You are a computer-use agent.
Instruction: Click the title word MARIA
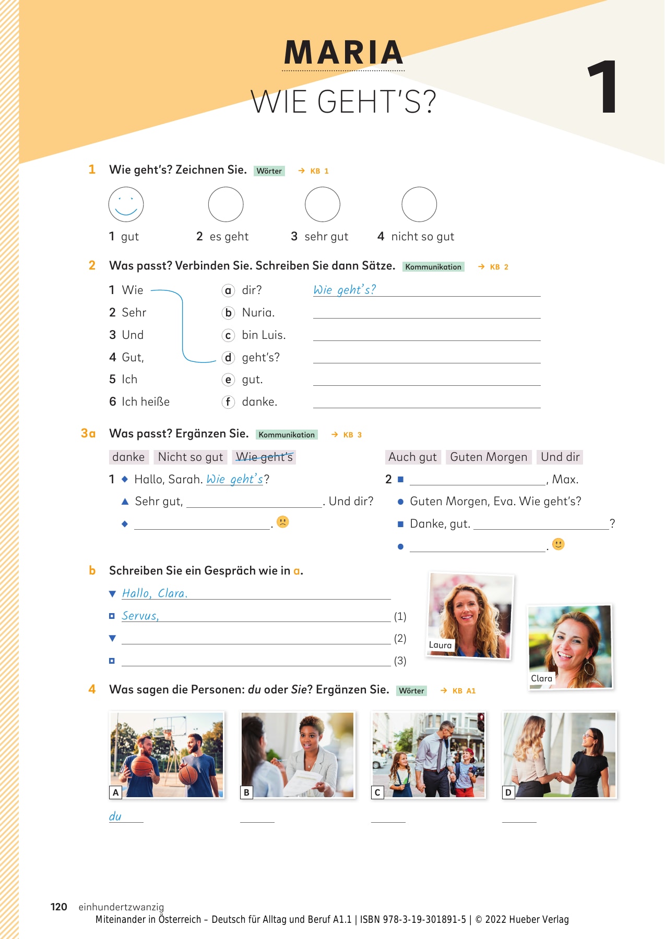[343, 53]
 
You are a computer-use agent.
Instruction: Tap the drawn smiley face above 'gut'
[126, 204]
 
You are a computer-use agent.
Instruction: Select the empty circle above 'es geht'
[225, 204]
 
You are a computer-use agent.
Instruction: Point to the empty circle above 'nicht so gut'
[419, 204]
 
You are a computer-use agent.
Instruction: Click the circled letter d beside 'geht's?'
[228, 358]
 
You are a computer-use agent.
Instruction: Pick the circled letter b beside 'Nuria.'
[228, 313]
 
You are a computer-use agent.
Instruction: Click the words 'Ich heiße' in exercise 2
[146, 402]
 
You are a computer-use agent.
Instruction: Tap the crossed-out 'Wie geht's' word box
[264, 457]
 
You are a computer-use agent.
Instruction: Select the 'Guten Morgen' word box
[489, 457]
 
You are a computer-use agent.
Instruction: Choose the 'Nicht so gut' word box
[191, 457]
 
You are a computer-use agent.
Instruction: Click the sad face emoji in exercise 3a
[282, 522]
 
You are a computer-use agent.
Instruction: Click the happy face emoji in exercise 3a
[559, 544]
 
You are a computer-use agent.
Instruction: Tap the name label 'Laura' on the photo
[440, 645]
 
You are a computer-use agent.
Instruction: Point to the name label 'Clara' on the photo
[541, 678]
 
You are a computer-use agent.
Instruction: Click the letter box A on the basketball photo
[116, 792]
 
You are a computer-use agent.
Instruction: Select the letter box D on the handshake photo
[508, 792]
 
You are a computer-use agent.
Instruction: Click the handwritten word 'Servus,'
[140, 616]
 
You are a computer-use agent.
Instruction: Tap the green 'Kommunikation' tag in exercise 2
[433, 267]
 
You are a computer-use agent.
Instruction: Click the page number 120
[59, 907]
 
